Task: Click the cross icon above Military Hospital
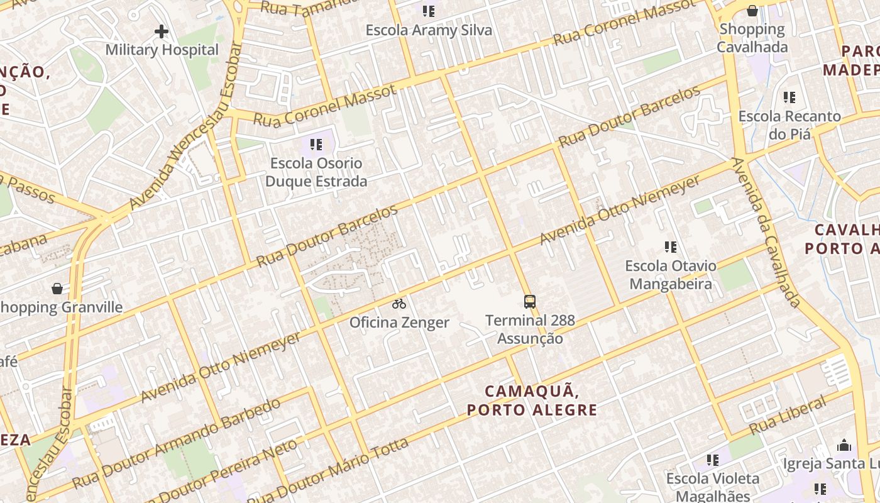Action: tap(162, 31)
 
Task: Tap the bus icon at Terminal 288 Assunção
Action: tap(530, 302)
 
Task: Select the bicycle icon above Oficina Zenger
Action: tap(399, 304)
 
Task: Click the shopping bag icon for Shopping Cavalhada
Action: tap(752, 11)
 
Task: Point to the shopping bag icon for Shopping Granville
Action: tap(57, 289)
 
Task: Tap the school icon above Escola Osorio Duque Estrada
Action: tap(316, 145)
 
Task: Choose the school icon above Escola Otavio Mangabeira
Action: tap(671, 247)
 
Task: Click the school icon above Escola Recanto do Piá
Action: tap(789, 97)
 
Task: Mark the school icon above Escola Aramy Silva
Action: tap(429, 11)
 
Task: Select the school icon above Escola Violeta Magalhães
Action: tap(712, 460)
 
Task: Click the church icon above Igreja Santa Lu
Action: tap(844, 445)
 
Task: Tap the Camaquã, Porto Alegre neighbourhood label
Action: tap(532, 401)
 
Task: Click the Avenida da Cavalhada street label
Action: tap(767, 233)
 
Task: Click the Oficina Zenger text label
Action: tap(399, 323)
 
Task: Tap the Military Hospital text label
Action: tap(162, 50)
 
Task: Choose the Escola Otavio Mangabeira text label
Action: tap(671, 275)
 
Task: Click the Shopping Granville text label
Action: tap(62, 307)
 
